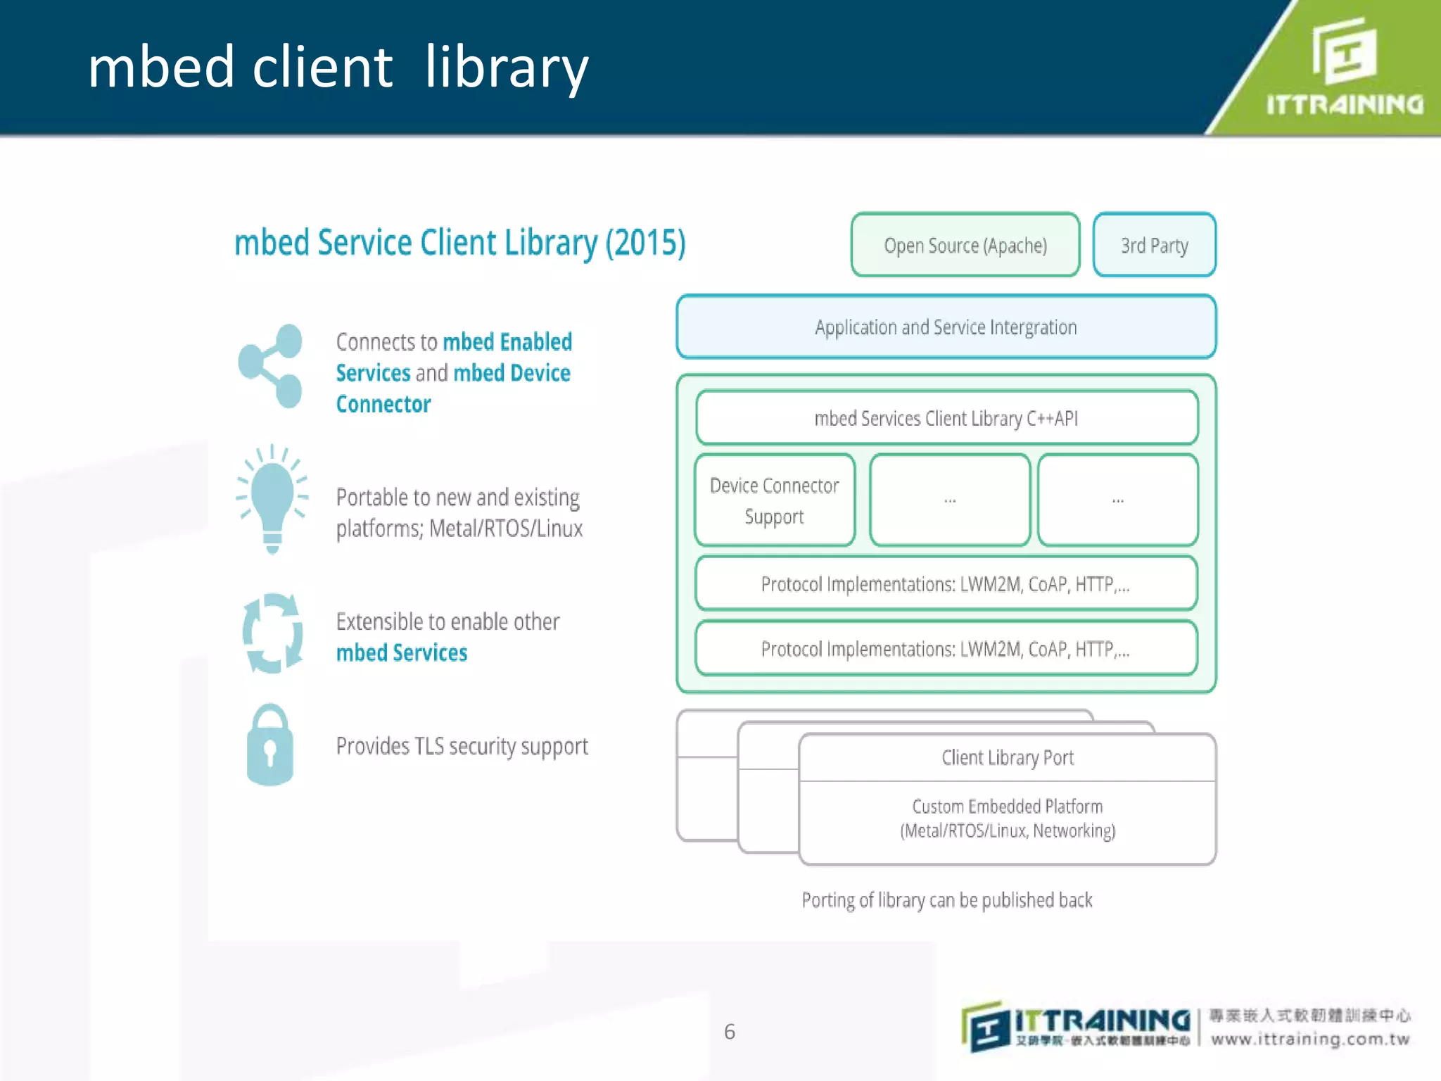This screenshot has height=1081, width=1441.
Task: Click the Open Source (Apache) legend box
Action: pos(965,245)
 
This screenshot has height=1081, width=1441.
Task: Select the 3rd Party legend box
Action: pos(1154,245)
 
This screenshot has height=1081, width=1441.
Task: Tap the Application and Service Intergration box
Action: pos(946,327)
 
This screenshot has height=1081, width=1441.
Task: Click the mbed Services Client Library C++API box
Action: pos(946,418)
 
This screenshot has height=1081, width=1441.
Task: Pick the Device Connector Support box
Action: pos(774,500)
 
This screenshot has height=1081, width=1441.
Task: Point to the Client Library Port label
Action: pos(1008,757)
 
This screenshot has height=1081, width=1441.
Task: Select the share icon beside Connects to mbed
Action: pos(271,366)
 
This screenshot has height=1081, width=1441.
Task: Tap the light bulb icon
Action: pos(272,498)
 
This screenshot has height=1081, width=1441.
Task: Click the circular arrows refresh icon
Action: pos(272,633)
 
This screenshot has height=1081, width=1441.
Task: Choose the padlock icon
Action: pos(270,745)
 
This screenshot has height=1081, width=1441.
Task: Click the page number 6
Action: pos(730,1032)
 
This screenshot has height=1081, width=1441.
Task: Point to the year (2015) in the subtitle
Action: pos(645,243)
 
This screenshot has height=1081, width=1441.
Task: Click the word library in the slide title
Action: pos(506,68)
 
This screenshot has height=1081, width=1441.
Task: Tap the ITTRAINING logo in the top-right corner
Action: pos(1344,67)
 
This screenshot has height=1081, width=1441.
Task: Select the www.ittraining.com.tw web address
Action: pos(1310,1039)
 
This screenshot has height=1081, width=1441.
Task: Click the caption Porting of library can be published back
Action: pos(947,900)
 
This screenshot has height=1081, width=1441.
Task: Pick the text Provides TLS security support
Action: pos(462,746)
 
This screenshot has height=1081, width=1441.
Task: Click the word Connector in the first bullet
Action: pos(383,404)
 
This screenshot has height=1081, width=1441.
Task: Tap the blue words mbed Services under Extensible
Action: pos(402,653)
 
